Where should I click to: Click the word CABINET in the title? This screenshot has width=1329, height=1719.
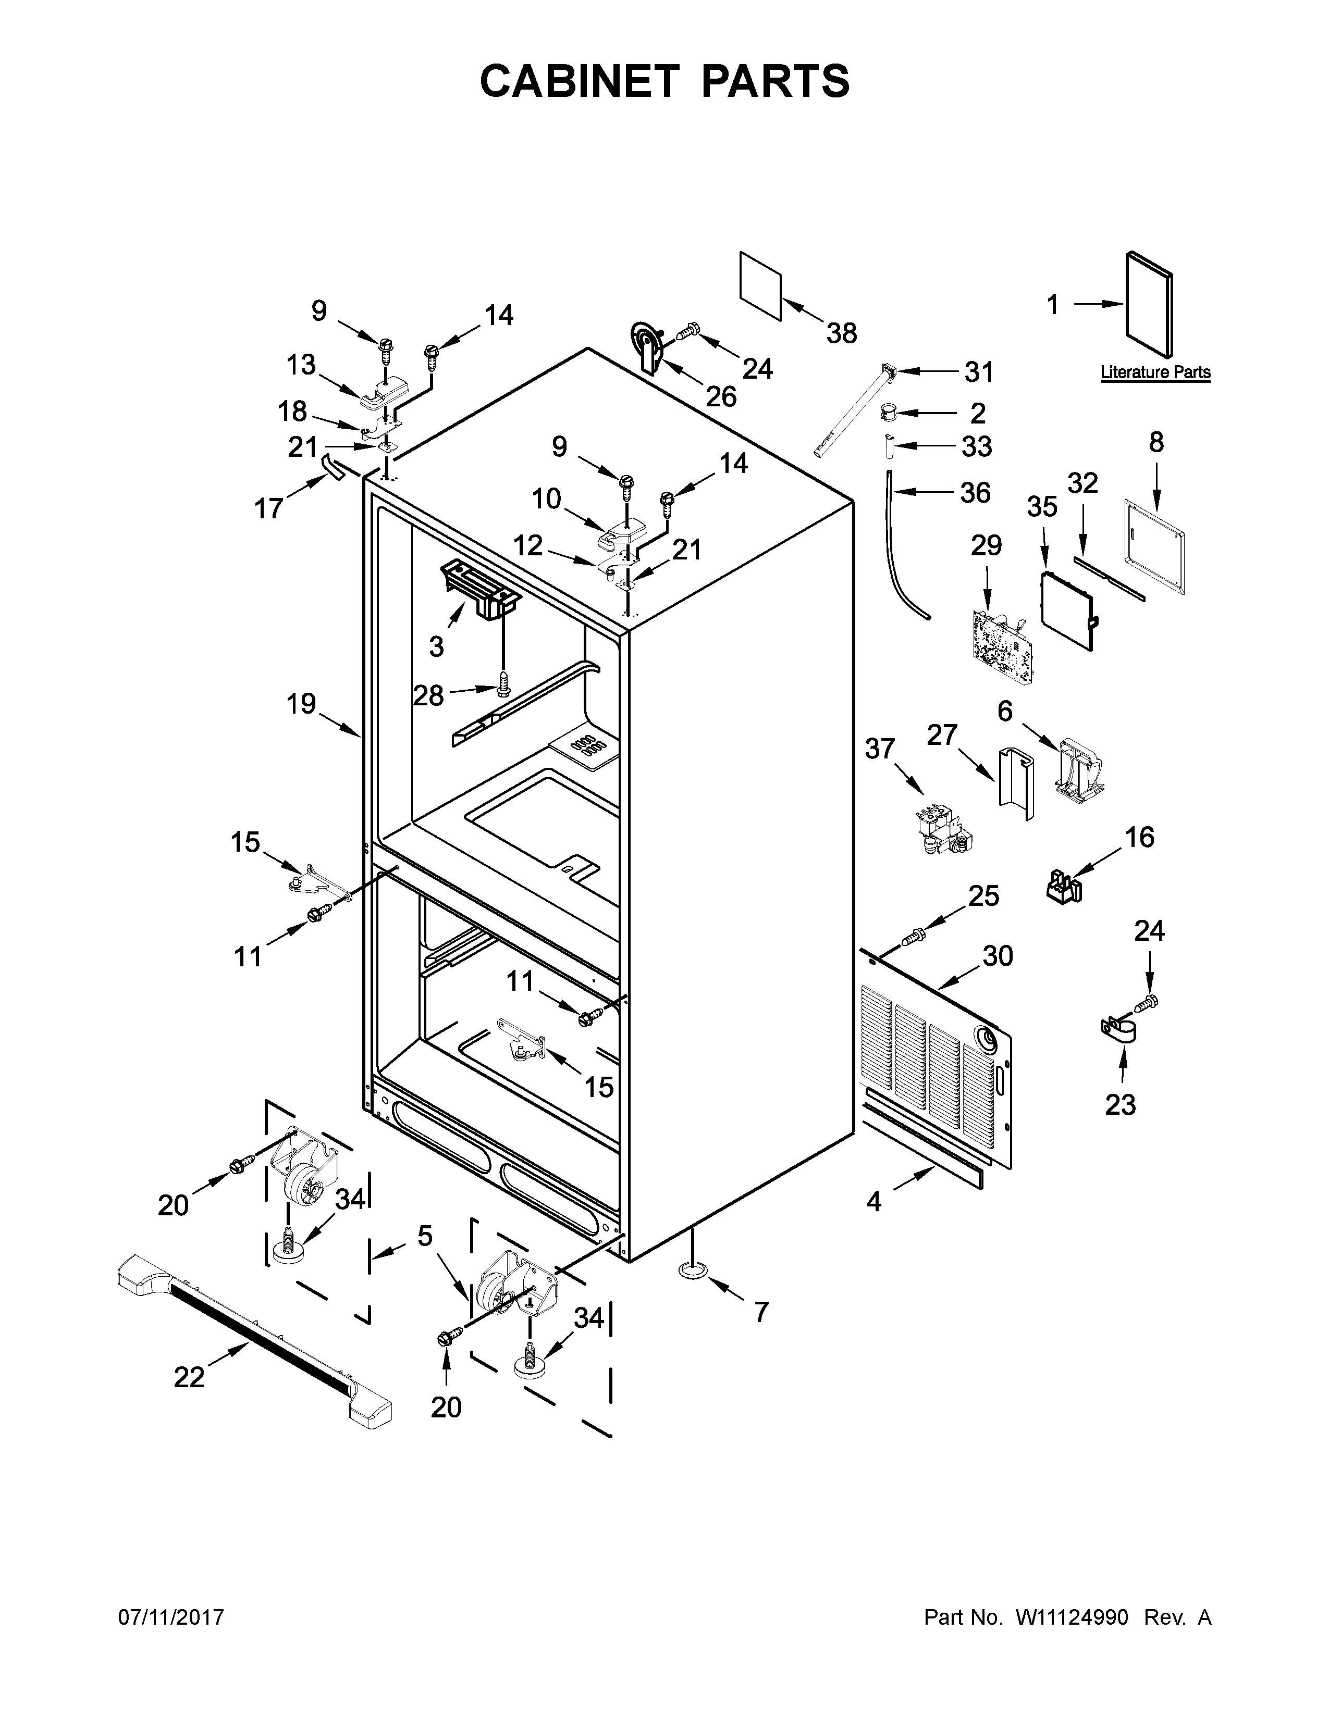579,81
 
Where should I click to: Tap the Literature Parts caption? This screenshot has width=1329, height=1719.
1155,372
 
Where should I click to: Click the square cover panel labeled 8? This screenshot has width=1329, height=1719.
1154,545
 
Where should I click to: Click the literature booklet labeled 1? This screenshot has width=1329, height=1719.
1150,305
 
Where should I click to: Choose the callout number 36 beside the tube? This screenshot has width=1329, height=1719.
975,493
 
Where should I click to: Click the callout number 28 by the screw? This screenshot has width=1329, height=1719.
428,695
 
